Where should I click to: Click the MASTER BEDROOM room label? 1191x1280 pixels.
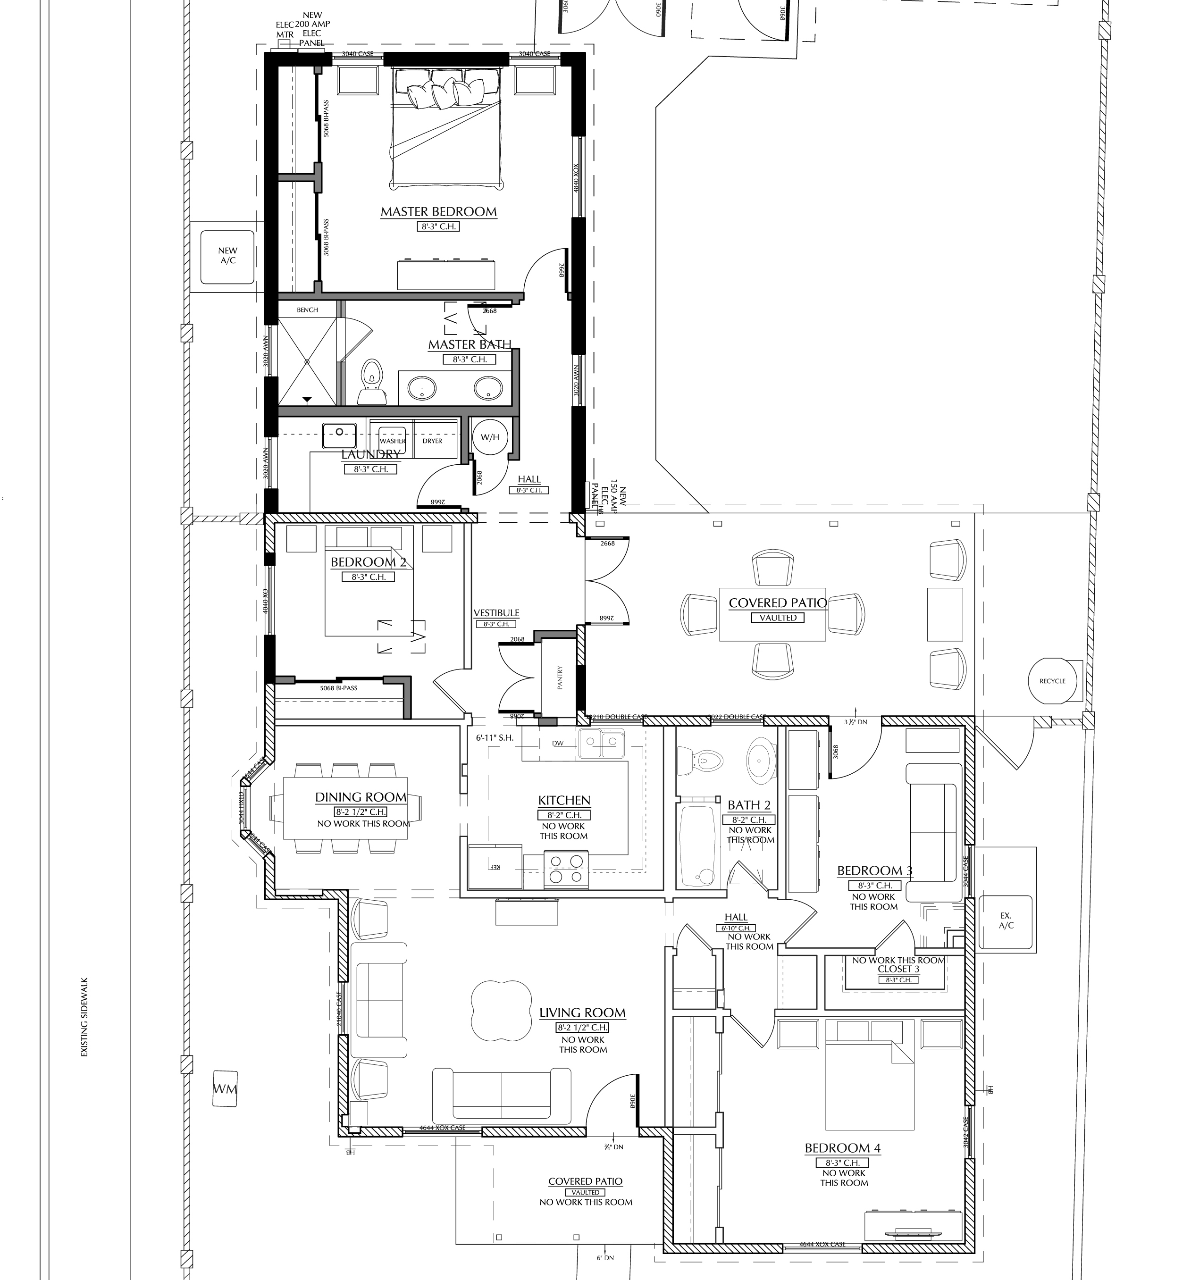tap(438, 211)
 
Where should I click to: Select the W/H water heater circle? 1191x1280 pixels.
tap(489, 437)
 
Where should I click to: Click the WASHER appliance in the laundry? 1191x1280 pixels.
tap(392, 440)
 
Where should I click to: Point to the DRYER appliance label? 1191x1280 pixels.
tap(432, 441)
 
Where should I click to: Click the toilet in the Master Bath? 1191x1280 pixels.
tap(369, 381)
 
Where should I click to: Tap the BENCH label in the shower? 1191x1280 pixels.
tap(307, 310)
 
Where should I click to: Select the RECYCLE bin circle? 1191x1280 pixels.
tap(1052, 680)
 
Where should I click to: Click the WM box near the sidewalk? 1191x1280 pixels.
tap(225, 1089)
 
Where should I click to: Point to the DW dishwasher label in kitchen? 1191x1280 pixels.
tap(558, 743)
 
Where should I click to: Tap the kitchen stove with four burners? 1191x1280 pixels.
tap(566, 869)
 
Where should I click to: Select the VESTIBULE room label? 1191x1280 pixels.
tap(496, 613)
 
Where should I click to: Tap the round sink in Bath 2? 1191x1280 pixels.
tap(760, 761)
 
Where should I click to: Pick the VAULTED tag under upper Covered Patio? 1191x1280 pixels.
tap(778, 618)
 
